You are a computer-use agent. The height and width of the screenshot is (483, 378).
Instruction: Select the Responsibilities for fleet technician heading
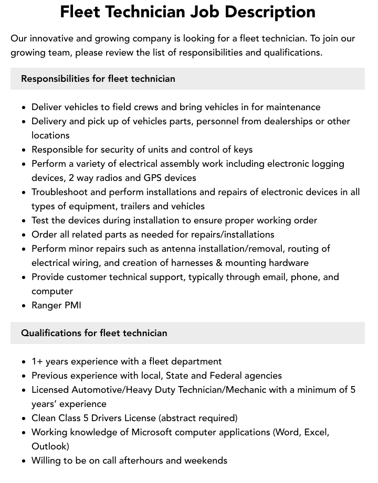tap(98, 79)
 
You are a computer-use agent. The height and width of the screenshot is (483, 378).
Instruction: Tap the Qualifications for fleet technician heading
tap(94, 333)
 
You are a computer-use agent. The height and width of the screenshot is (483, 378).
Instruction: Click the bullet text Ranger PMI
tap(56, 305)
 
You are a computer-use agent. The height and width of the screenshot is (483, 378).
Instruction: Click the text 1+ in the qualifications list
tap(37, 361)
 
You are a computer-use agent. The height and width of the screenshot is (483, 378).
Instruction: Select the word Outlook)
tap(50, 446)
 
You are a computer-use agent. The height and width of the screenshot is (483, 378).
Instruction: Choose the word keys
tap(243, 149)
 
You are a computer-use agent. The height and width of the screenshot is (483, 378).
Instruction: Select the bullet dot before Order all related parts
tap(24, 235)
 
